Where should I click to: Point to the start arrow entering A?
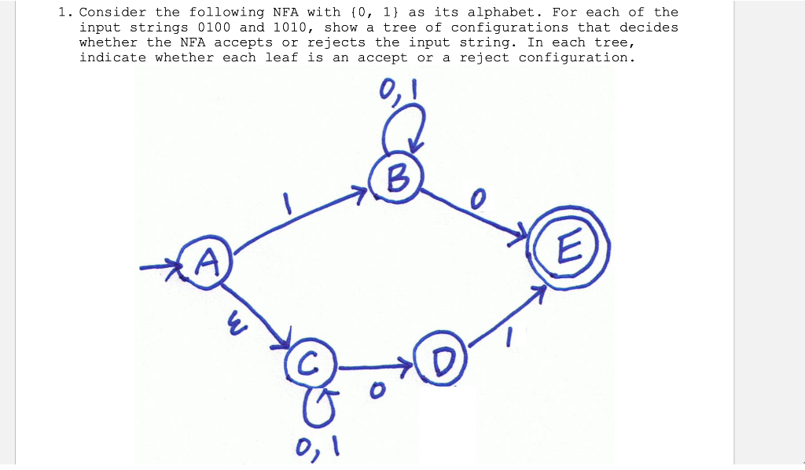coord(161,268)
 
